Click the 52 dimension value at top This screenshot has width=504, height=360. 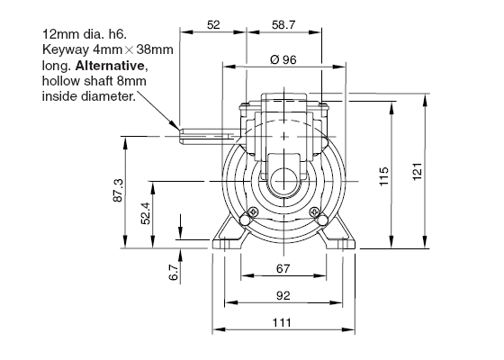213,25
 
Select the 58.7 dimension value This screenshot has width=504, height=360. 283,25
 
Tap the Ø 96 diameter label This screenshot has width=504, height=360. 283,59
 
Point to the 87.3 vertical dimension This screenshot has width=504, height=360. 118,190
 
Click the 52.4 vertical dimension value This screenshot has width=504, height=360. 146,213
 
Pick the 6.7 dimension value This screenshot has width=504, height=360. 174,273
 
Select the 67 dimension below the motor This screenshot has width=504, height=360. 283,268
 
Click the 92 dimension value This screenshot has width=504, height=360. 283,295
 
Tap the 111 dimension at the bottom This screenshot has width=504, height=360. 282,322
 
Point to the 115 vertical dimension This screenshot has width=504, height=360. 384,176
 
